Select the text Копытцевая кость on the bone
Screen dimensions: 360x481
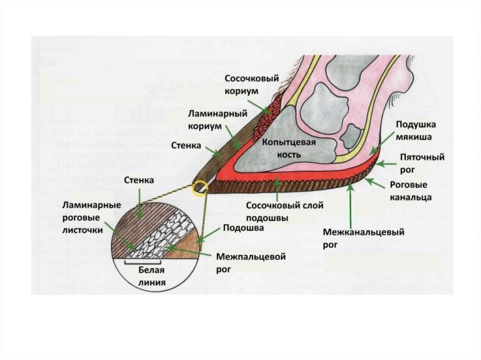point(288,148)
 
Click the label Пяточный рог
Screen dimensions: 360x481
point(423,163)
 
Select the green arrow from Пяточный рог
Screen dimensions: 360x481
point(386,165)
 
